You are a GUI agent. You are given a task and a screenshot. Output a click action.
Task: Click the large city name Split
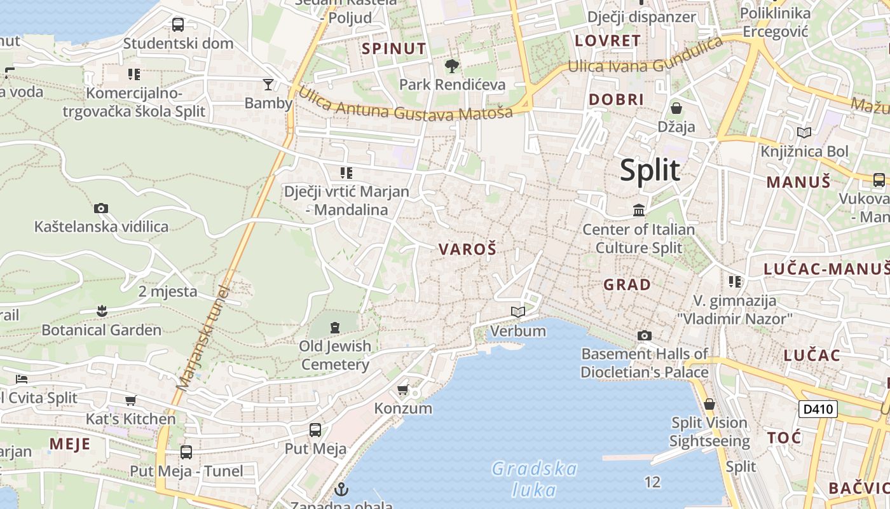650,171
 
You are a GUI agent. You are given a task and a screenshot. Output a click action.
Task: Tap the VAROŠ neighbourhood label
467,249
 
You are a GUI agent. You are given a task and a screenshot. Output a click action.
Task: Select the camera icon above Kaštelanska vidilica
100,208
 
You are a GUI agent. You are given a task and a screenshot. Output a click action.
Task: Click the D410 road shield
818,408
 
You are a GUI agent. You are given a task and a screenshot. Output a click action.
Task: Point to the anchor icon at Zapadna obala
342,489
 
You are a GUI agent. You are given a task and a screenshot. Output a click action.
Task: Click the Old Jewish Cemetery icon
335,328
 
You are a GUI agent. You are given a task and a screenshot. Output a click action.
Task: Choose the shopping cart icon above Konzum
402,389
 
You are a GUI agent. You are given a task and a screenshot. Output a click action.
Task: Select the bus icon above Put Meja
315,430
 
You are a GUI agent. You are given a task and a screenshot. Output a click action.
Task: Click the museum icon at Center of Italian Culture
639,210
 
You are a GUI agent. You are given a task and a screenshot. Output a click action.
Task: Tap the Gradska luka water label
534,479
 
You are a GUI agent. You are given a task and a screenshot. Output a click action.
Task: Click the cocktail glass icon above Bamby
268,84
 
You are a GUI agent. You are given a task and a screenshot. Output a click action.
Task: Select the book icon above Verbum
518,312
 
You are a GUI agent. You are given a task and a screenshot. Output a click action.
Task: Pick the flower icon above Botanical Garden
101,311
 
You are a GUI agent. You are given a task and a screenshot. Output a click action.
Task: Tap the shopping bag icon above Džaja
676,108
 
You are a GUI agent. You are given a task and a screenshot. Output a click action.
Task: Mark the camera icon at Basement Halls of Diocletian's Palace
645,335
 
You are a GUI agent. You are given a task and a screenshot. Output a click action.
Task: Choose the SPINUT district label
394,48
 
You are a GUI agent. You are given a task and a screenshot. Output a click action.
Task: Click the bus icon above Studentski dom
178,25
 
